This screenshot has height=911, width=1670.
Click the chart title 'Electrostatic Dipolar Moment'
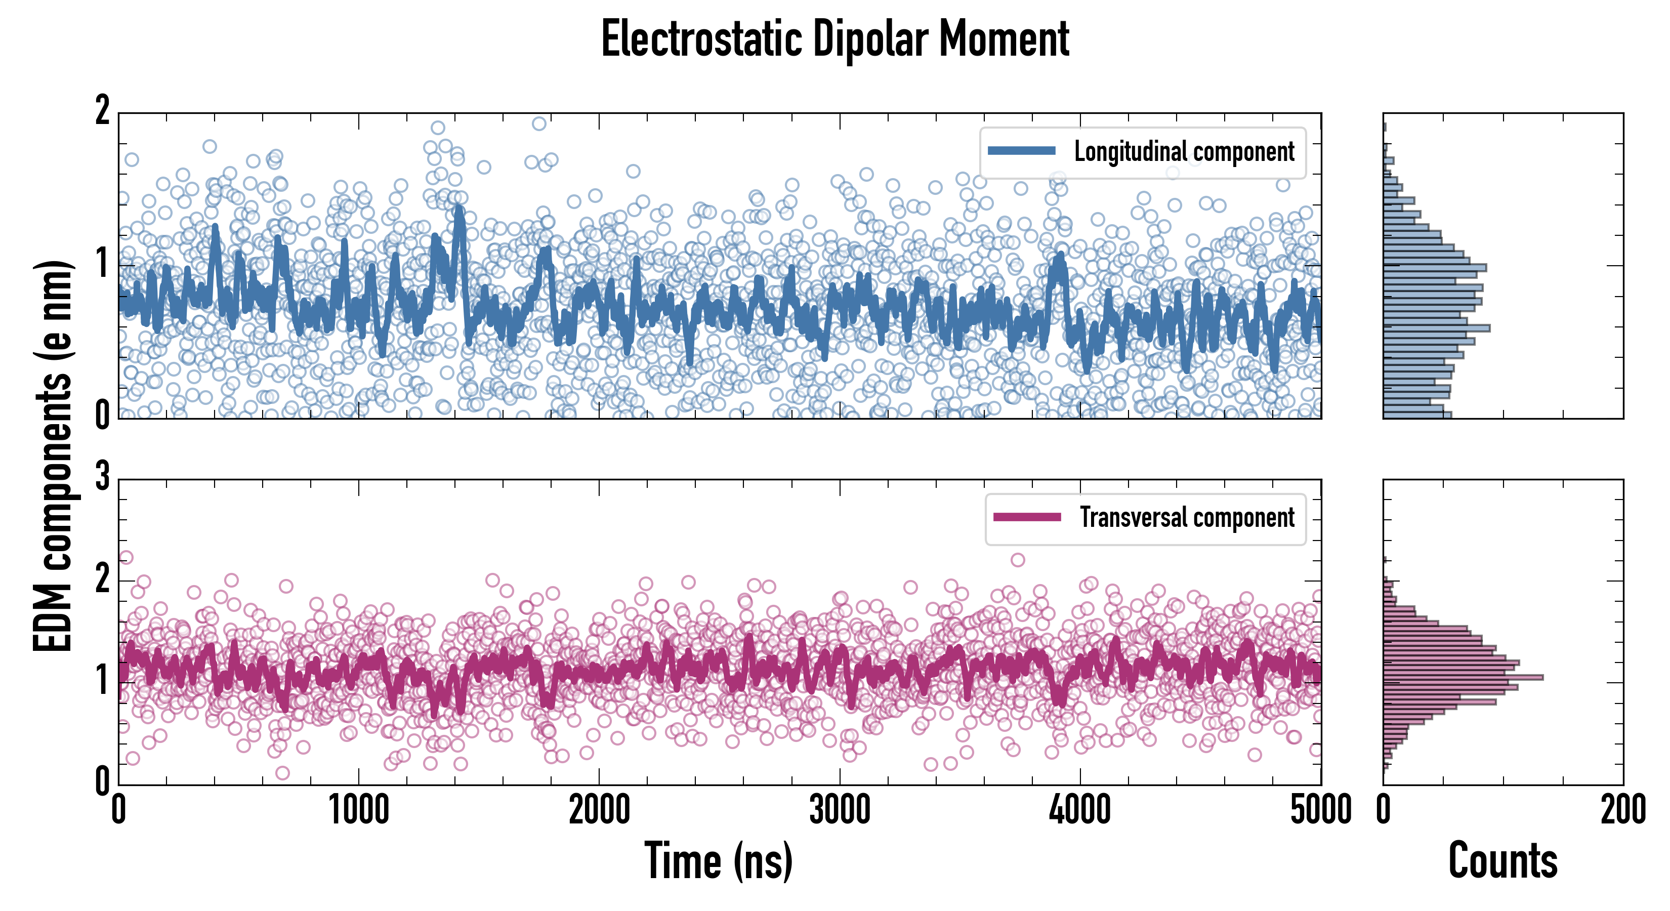(x=835, y=39)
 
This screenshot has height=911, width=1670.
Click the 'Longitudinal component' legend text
(x=1184, y=152)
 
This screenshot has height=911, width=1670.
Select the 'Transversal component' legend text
(x=1186, y=517)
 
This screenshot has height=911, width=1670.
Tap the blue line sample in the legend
(x=1022, y=151)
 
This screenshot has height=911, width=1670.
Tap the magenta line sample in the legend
(x=1027, y=517)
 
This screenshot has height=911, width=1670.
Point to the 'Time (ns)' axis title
(x=718, y=861)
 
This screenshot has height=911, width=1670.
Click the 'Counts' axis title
(x=1502, y=861)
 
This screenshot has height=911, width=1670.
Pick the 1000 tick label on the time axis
(x=358, y=810)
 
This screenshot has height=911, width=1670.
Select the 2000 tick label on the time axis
(x=599, y=810)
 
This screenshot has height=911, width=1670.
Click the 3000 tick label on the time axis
(x=840, y=810)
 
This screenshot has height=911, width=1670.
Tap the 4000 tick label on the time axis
(x=1080, y=810)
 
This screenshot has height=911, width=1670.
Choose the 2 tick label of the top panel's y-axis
(x=102, y=111)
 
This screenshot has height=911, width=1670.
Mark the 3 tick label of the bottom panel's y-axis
(x=102, y=477)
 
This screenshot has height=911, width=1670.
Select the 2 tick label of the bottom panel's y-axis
(x=102, y=579)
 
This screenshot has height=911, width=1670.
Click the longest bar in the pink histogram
(x=1463, y=678)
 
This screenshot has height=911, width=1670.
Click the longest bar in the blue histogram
(x=1436, y=328)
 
